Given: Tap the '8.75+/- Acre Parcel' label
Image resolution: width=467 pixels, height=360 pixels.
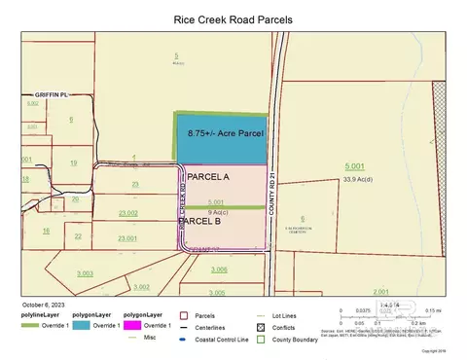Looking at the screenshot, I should (x=222, y=131).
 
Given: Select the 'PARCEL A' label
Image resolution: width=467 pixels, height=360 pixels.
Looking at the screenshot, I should (x=207, y=177).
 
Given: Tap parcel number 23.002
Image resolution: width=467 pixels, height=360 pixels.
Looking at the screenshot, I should (x=127, y=213).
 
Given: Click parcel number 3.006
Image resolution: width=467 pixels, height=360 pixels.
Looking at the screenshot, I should (x=219, y=269).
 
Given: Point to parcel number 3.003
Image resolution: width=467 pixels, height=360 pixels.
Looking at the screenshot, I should (x=86, y=274).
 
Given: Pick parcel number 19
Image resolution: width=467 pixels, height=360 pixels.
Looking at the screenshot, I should (x=74, y=163).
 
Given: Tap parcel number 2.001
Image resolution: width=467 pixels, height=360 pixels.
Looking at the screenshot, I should (x=380, y=291).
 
